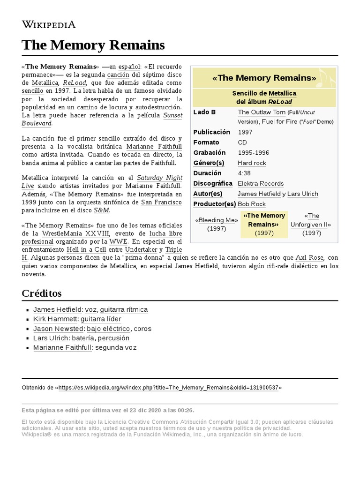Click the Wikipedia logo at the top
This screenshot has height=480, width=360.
click(49, 24)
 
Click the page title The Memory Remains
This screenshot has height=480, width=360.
click(93, 45)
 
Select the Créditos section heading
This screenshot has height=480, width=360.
click(42, 293)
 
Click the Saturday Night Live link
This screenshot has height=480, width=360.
click(159, 178)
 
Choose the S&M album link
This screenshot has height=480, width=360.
click(101, 210)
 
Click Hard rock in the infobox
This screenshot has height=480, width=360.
click(252, 163)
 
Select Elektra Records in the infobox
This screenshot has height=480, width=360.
click(261, 184)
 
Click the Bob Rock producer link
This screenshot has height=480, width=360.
click(252, 204)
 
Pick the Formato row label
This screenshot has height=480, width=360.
click(206, 142)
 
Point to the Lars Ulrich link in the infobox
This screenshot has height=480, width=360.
click(302, 194)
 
